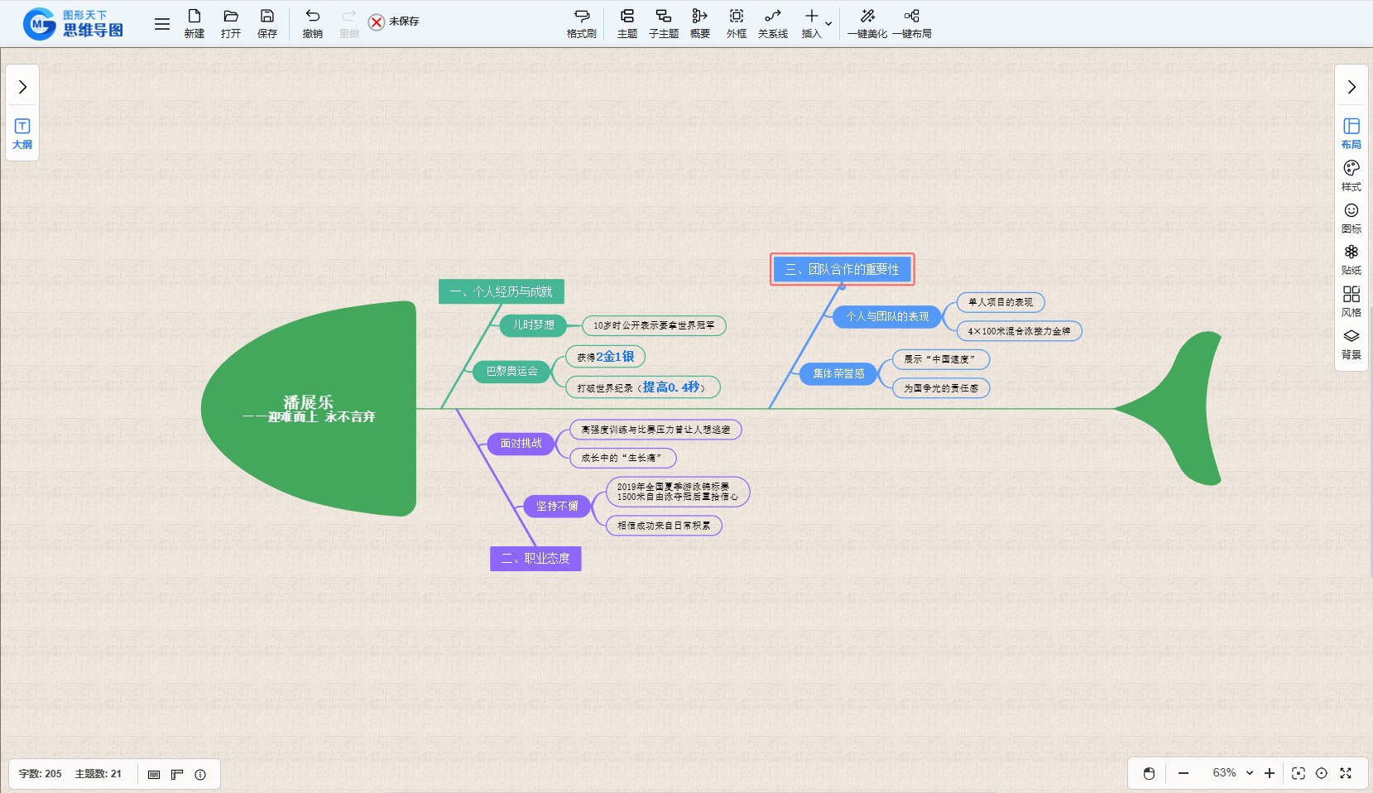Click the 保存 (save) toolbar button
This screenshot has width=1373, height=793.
266,23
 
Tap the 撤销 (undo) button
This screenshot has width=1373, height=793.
312,23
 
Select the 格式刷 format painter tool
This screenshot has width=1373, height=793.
581,23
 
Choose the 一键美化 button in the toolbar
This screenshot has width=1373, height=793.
867,23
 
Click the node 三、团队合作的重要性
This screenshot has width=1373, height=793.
842,269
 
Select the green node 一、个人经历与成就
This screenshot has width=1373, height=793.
501,291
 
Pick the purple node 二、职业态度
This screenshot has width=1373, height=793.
535,559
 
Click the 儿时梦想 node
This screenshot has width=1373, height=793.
533,325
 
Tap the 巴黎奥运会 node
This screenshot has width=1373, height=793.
511,372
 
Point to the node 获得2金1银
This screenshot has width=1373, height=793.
605,357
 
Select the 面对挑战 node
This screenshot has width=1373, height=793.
521,444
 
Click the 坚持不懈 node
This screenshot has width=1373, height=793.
556,507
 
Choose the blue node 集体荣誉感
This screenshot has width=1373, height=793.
838,374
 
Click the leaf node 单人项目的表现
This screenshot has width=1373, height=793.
1000,302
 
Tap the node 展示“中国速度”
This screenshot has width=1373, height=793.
940,359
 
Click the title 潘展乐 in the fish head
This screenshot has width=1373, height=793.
308,402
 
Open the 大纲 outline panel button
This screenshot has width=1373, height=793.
22,132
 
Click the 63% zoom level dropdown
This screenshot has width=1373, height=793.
1232,773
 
